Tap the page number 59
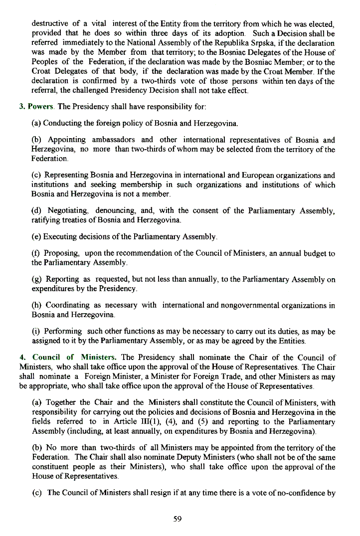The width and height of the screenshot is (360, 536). pos(178,519)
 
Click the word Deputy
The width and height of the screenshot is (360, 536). pos(204,457)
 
